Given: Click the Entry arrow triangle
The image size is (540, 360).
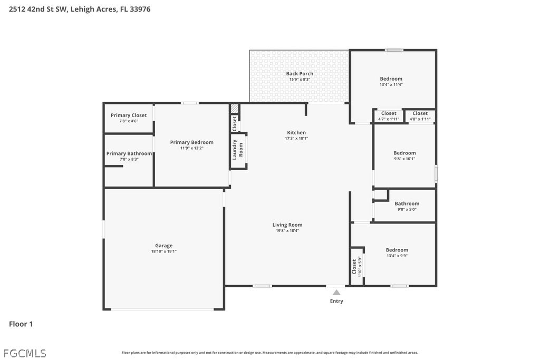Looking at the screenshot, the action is click(336, 293).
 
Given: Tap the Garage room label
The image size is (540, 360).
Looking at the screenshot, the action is click(163, 246).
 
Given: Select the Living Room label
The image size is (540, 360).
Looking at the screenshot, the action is click(287, 225).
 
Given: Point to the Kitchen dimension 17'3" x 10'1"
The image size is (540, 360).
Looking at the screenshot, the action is click(296, 138).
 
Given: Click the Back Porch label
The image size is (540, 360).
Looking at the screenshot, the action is click(300, 73).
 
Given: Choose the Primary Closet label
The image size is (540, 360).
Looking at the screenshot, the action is click(129, 115).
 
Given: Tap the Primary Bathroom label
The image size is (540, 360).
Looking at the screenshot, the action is click(129, 153).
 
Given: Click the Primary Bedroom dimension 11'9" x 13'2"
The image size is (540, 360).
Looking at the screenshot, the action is click(192, 148).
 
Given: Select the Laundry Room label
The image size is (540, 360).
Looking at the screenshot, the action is click(237, 150).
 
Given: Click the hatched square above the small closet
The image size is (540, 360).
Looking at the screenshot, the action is click(235, 109).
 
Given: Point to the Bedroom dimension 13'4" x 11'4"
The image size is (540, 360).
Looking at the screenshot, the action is click(391, 84).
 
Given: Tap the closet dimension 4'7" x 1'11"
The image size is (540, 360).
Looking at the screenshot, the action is click(389, 119).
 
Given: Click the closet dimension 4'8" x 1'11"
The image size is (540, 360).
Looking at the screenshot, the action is click(420, 119).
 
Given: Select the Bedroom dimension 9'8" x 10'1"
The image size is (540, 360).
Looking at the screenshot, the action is click(404, 159).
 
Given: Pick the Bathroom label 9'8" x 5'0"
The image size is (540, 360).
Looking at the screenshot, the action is click(407, 206).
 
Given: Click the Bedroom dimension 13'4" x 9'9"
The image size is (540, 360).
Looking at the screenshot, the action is click(397, 256).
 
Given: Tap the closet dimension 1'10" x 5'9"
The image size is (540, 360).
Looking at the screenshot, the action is click(360, 267).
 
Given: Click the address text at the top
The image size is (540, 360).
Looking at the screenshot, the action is click(80, 9).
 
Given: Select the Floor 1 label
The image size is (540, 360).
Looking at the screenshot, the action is click(21, 324).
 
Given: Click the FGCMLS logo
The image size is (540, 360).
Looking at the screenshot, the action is click(25, 353).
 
